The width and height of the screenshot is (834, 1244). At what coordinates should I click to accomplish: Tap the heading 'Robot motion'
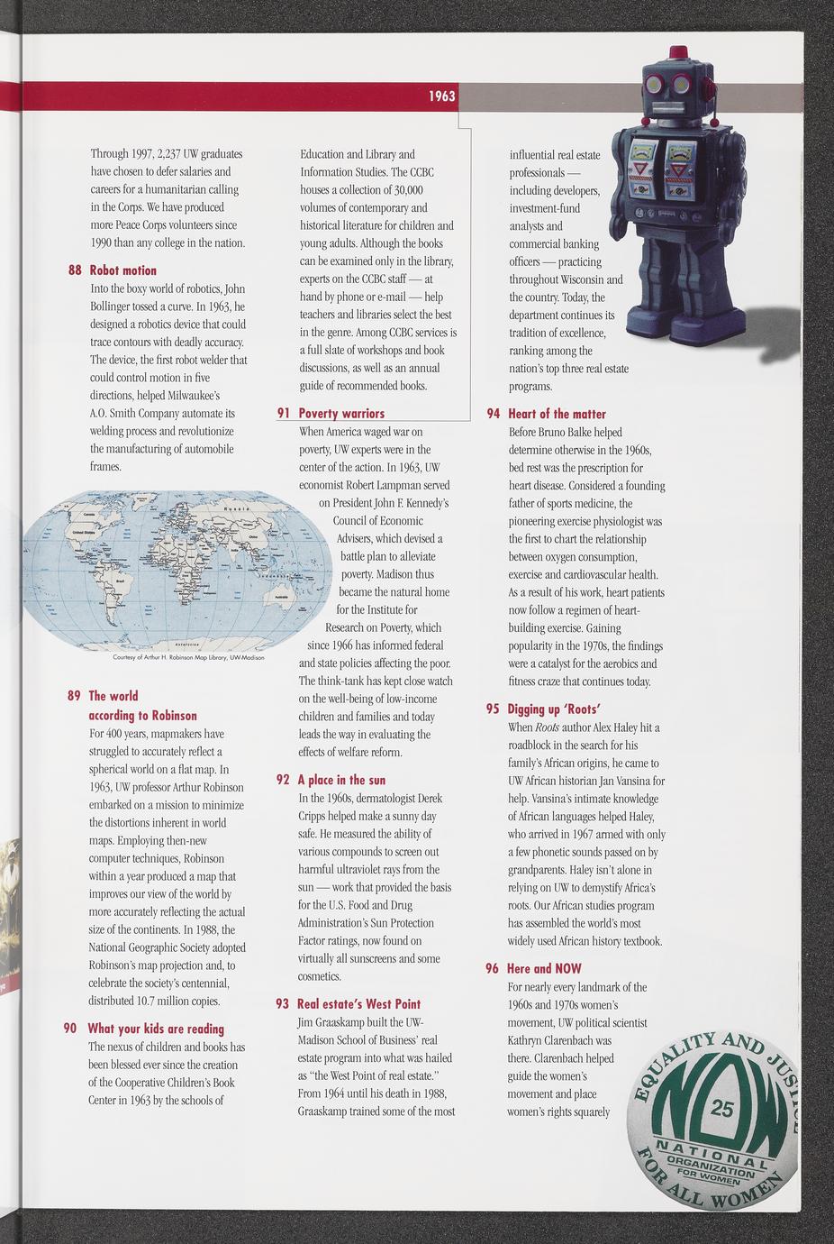(122, 270)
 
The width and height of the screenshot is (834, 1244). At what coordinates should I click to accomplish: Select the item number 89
(74, 696)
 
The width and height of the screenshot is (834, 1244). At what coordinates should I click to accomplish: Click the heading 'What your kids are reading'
(156, 1029)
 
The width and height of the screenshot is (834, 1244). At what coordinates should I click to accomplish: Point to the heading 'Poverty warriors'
(341, 414)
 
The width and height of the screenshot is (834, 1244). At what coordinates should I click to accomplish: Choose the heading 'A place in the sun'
(341, 780)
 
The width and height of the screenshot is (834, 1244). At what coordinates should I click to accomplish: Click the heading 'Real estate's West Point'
(358, 1004)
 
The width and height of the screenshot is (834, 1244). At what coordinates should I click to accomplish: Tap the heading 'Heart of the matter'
(557, 414)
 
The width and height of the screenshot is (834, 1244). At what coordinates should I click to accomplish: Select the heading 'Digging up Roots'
(554, 709)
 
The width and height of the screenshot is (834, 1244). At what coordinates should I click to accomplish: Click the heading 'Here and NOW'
(544, 968)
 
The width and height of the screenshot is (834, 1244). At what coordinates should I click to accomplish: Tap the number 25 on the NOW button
(722, 1109)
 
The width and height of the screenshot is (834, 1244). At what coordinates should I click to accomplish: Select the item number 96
(492, 968)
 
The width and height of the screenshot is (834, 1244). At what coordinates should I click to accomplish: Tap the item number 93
(282, 1004)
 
